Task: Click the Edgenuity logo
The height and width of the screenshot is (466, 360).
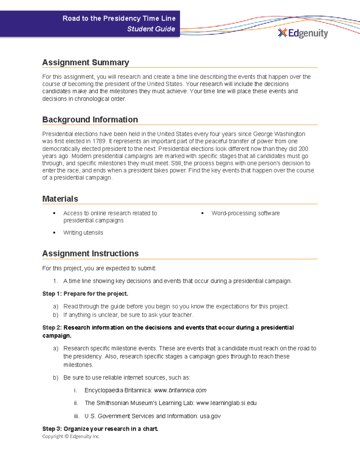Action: (303, 33)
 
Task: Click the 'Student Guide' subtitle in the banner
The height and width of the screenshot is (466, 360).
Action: (151, 29)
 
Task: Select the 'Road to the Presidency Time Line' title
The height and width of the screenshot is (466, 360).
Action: (119, 18)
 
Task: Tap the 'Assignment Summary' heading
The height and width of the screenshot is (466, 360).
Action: (85, 62)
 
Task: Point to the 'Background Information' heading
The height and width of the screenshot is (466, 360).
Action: (90, 119)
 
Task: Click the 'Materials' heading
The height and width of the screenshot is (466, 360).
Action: (60, 199)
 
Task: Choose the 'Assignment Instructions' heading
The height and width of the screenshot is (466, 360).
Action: (90, 254)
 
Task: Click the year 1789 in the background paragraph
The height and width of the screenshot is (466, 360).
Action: (99, 141)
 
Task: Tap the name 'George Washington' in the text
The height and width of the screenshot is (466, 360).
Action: (279, 134)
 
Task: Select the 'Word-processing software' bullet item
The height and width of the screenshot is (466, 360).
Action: (245, 213)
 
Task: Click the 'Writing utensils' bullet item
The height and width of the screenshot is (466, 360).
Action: (83, 233)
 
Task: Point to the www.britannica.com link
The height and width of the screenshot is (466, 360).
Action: (180, 390)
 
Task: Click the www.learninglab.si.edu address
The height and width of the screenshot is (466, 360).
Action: (226, 403)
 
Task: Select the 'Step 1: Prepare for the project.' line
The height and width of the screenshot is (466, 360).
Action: (85, 294)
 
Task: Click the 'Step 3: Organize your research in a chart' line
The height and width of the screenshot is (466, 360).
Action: (100, 429)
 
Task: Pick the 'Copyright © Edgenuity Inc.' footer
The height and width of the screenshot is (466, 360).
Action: (71, 436)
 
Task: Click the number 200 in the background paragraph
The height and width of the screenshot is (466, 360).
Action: (303, 149)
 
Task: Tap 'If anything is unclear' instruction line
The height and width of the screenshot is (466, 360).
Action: (128, 315)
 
